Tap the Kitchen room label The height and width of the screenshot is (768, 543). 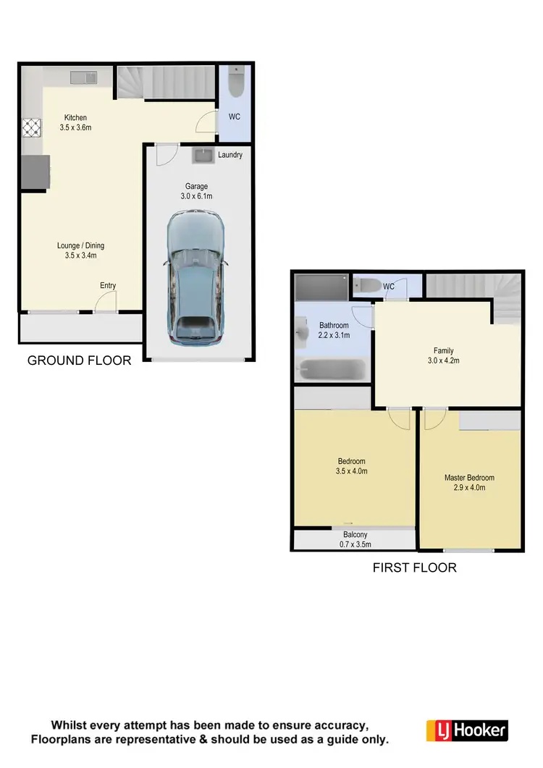click(75, 118)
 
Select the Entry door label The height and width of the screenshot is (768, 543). click(108, 286)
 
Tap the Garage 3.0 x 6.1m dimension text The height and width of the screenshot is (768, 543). click(197, 196)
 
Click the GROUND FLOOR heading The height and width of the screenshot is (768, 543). click(79, 360)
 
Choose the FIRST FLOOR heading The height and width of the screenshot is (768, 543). click(414, 567)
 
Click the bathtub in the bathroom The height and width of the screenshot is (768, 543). click(333, 371)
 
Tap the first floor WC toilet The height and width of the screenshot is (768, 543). click(367, 287)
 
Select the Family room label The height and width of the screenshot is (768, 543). click(443, 351)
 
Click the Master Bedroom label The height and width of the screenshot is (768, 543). click(469, 478)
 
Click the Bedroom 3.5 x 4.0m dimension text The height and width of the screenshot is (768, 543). click(352, 471)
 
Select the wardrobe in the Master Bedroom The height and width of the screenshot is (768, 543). click(489, 420)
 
